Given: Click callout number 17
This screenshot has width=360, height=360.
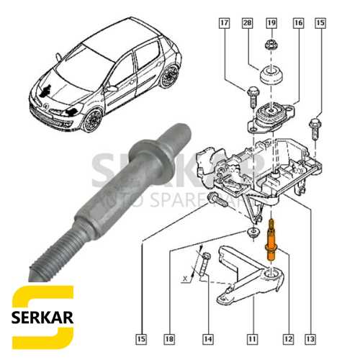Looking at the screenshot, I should click(224, 24).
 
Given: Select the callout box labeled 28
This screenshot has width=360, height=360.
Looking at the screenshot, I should click(247, 24).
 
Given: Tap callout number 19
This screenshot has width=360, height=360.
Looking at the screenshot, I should click(271, 24).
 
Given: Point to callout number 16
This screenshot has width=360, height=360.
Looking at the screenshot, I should click(297, 24).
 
